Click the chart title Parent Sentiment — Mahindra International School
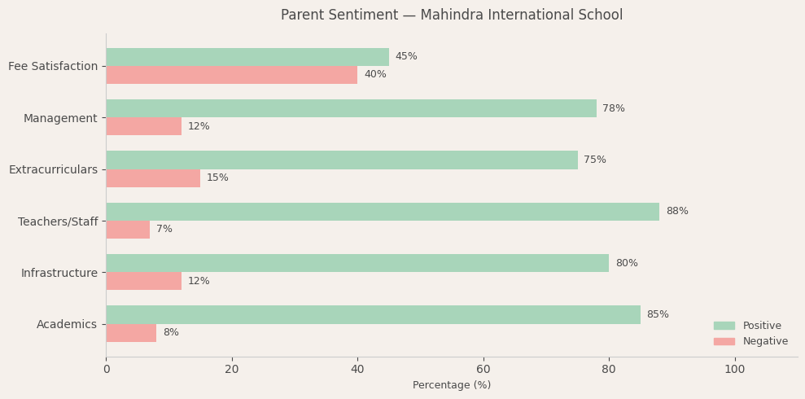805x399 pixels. tap(452, 15)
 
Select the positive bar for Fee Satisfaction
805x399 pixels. tap(247, 57)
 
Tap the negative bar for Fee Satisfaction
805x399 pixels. tap(231, 75)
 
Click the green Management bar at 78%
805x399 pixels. tap(351, 108)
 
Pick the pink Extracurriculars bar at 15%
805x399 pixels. tap(153, 178)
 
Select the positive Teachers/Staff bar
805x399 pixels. tap(383, 212)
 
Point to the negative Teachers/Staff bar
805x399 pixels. tap(128, 230)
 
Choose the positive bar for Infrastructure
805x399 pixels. tap(357, 263)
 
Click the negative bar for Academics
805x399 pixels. tap(131, 333)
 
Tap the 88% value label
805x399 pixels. tap(677, 212)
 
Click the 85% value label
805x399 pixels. tap(658, 315)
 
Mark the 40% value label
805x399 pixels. tap(375, 75)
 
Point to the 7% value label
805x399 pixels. tap(164, 230)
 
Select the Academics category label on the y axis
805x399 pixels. tap(67, 325)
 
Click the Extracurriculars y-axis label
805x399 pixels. tap(53, 169)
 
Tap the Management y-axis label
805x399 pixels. tap(60, 118)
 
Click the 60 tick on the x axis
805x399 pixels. tap(483, 370)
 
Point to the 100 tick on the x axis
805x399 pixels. tap(734, 370)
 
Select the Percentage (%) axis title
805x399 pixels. tap(452, 385)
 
